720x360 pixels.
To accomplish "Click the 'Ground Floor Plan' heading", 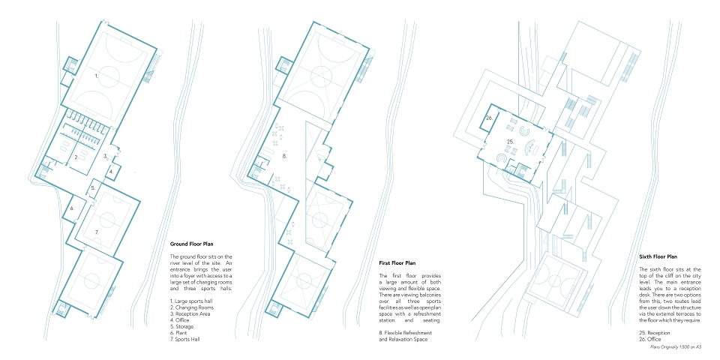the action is pos(191,244).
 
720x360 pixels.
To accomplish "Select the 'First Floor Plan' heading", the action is pos(397,263).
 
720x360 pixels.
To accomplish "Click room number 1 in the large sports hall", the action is pos(97,76).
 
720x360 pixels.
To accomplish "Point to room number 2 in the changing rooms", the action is pos(77,157).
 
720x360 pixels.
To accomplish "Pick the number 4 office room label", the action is pos(112,172).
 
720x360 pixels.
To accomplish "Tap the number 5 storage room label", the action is pos(93,187).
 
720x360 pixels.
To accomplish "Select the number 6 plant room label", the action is pos(73,208).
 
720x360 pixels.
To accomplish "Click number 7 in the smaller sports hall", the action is pos(97,232).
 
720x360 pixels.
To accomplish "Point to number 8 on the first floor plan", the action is pos(285,156).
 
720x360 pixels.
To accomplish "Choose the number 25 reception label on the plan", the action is pos(510,142).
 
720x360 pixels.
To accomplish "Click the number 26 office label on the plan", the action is pos(490,118).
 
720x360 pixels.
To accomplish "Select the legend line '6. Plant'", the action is pos(178,333).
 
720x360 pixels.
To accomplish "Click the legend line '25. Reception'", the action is pos(654,333).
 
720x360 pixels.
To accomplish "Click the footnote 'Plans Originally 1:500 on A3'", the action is pos(676,347).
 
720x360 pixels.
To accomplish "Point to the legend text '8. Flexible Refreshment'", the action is pos(406,333).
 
